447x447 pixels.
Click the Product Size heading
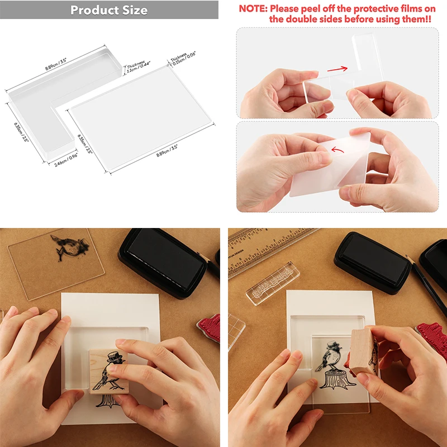click(109, 10)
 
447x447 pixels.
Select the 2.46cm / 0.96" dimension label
click(65, 159)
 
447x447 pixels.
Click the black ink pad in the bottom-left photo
click(162, 263)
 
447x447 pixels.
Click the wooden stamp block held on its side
click(365, 353)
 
